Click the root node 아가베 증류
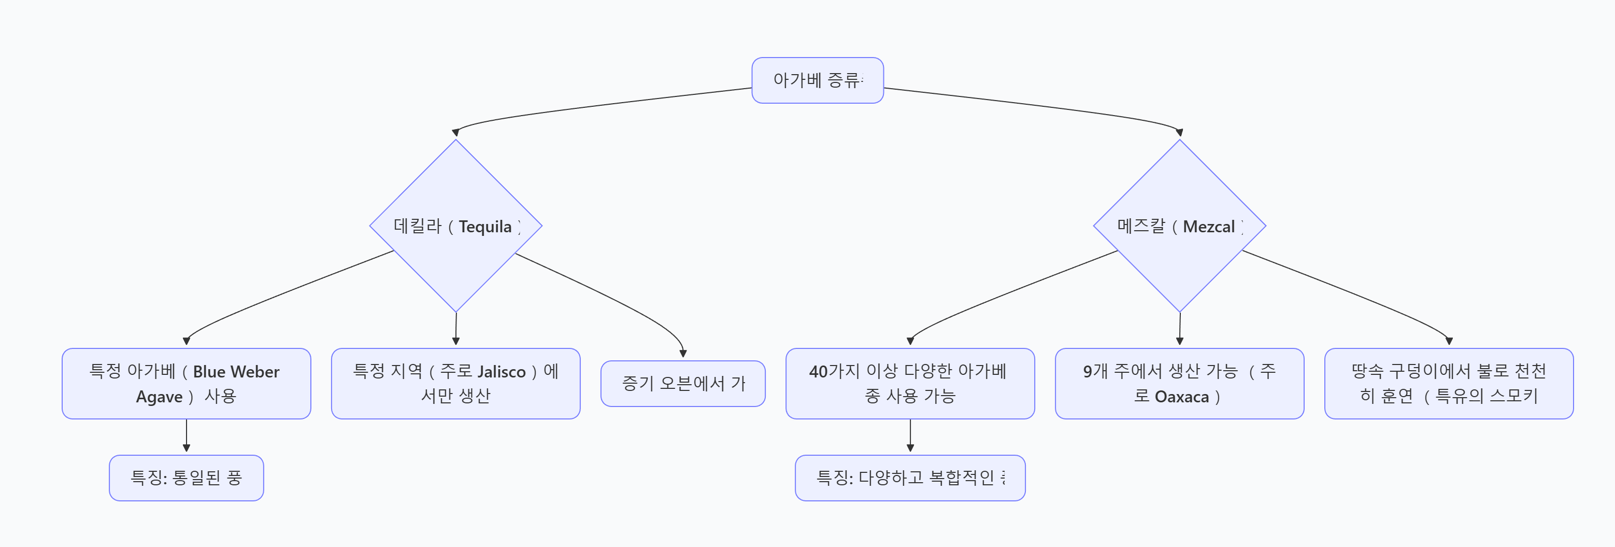pyautogui.click(x=817, y=80)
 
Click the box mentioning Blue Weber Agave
pyautogui.click(x=186, y=383)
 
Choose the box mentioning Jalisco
pyautogui.click(x=456, y=383)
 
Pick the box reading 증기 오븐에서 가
pyautogui.click(x=683, y=383)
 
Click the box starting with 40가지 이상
pyautogui.click(x=910, y=383)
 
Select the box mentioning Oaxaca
pyautogui.click(x=1179, y=383)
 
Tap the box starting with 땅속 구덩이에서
pyautogui.click(x=1448, y=383)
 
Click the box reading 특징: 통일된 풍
pyautogui.click(x=186, y=478)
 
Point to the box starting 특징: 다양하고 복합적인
pyautogui.click(x=910, y=478)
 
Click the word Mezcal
pyautogui.click(x=1208, y=227)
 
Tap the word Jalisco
pyautogui.click(x=501, y=372)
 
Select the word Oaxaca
pyautogui.click(x=1181, y=397)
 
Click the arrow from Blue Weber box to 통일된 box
pyautogui.click(x=186, y=436)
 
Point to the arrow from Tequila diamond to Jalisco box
pyautogui.click(x=456, y=328)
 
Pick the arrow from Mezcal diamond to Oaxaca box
pyautogui.click(x=1179, y=328)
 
